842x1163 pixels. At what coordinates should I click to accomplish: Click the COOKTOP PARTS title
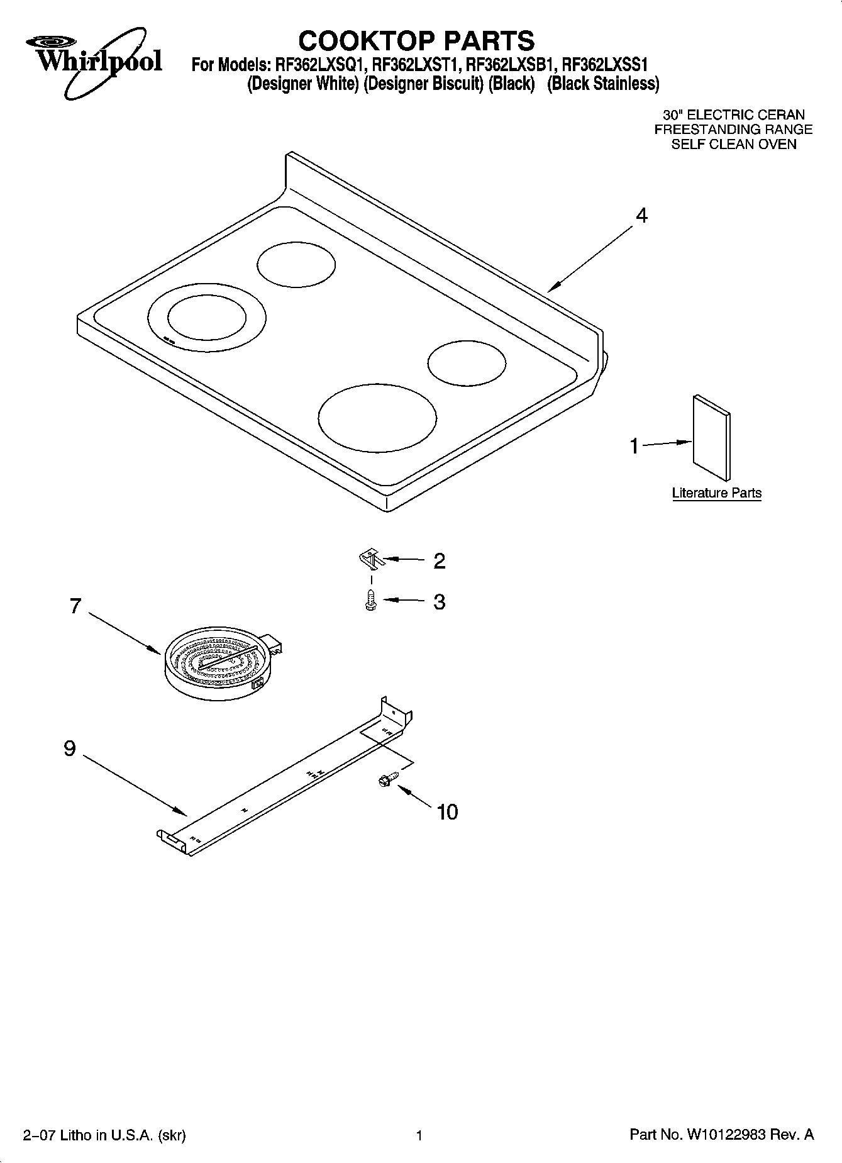tap(416, 41)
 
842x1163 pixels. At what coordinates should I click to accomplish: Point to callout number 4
tap(641, 216)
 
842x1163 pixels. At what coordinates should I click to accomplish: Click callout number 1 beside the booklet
tap(634, 446)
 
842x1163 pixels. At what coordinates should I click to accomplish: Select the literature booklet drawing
tap(712, 437)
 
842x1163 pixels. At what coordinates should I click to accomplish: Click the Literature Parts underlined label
tap(716, 493)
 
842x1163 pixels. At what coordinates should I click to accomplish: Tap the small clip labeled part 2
tap(370, 557)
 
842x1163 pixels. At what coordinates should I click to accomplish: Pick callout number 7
tap(75, 606)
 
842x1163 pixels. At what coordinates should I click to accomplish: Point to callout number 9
tap(70, 748)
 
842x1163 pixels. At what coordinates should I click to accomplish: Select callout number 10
tap(446, 812)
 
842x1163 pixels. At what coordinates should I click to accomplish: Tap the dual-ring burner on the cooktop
tap(206, 316)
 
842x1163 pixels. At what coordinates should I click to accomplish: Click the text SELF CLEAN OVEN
tap(733, 144)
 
